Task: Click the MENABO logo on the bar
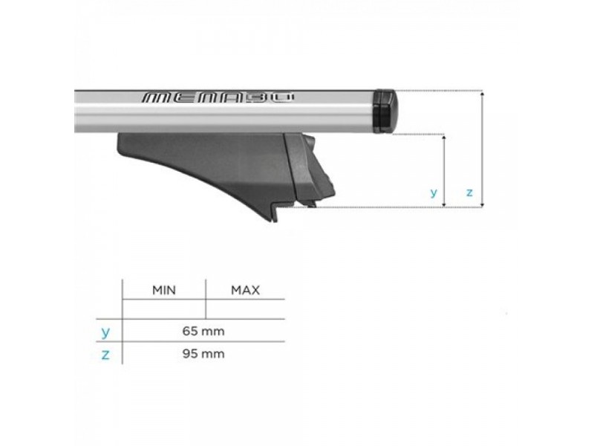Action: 218,97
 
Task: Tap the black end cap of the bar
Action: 385,111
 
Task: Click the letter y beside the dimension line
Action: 434,193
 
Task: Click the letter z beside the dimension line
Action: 469,193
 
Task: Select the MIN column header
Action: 164,290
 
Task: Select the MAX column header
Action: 246,290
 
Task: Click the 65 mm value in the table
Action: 203,331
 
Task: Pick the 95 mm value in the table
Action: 203,354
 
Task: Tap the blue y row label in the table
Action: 105,332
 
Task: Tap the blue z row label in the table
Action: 105,355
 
